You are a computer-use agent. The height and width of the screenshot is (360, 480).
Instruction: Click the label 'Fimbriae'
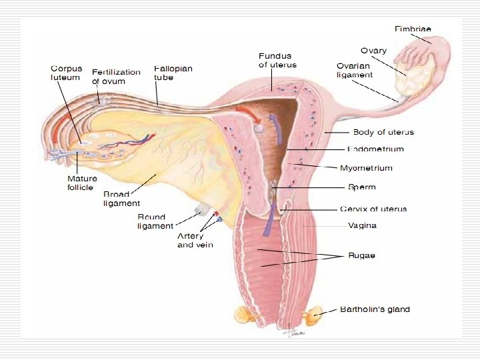click(413, 29)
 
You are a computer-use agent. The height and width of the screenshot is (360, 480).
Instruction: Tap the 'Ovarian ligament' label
click(355, 70)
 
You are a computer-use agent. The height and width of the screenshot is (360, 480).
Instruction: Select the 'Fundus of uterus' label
click(277, 60)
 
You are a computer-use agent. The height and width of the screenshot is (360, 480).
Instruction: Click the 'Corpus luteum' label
click(65, 73)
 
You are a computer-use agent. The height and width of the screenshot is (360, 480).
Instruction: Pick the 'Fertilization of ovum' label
click(116, 76)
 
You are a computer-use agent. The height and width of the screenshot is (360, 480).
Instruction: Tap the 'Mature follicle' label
click(82, 183)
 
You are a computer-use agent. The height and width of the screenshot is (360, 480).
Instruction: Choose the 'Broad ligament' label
click(121, 199)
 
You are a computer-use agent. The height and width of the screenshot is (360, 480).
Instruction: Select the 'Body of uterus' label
click(383, 132)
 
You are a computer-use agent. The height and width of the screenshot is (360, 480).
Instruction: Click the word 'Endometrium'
click(375, 149)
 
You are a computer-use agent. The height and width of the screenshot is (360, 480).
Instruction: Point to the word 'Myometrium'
click(375, 168)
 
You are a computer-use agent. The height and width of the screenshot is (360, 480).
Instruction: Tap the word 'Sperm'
click(362, 187)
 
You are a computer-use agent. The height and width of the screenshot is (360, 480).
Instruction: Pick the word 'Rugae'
click(361, 255)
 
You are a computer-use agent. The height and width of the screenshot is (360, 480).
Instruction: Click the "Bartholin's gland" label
click(375, 309)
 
